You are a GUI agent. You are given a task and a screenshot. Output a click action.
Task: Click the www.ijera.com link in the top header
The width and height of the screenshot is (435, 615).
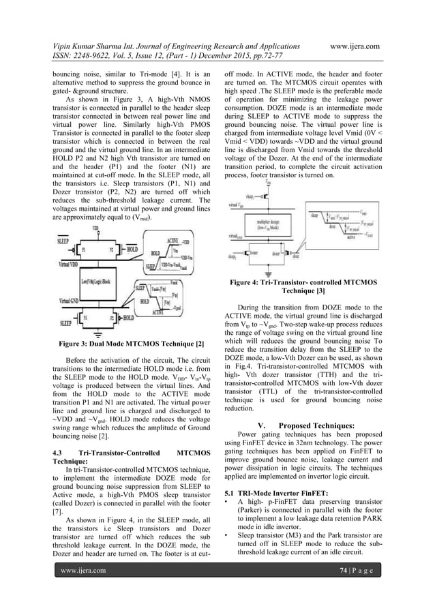[x=354, y=45]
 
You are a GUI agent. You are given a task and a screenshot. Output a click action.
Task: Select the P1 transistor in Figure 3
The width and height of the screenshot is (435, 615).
[x=85, y=250]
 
